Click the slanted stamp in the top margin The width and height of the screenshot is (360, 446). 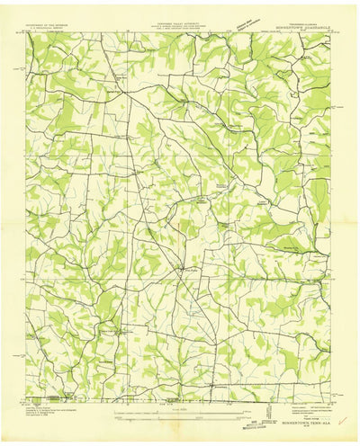pyautogui.click(x=241, y=22)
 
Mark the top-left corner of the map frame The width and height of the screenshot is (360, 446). pyautogui.click(x=26, y=35)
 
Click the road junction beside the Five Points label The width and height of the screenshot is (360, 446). pyautogui.click(x=183, y=267)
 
